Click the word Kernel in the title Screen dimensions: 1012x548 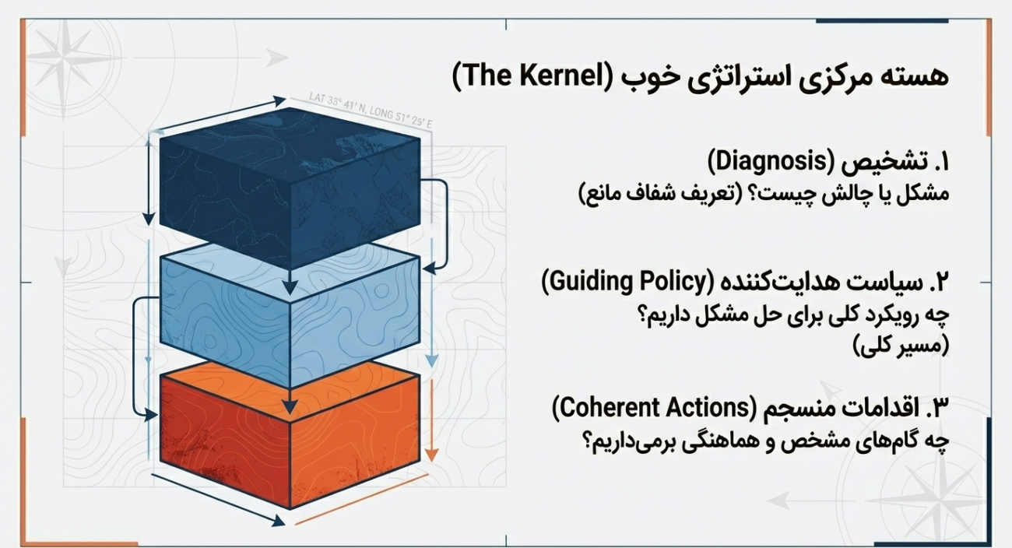pos(559,76)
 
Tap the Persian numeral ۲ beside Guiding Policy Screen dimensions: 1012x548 pos(940,283)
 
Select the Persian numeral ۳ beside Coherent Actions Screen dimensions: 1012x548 pos(940,409)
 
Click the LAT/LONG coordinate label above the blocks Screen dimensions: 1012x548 pos(371,111)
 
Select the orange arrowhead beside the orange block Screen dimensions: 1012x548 pos(432,455)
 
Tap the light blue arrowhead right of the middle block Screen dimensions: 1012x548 pos(432,361)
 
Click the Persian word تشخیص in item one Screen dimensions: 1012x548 pos(881,163)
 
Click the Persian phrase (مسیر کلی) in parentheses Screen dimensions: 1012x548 pos(901,346)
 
